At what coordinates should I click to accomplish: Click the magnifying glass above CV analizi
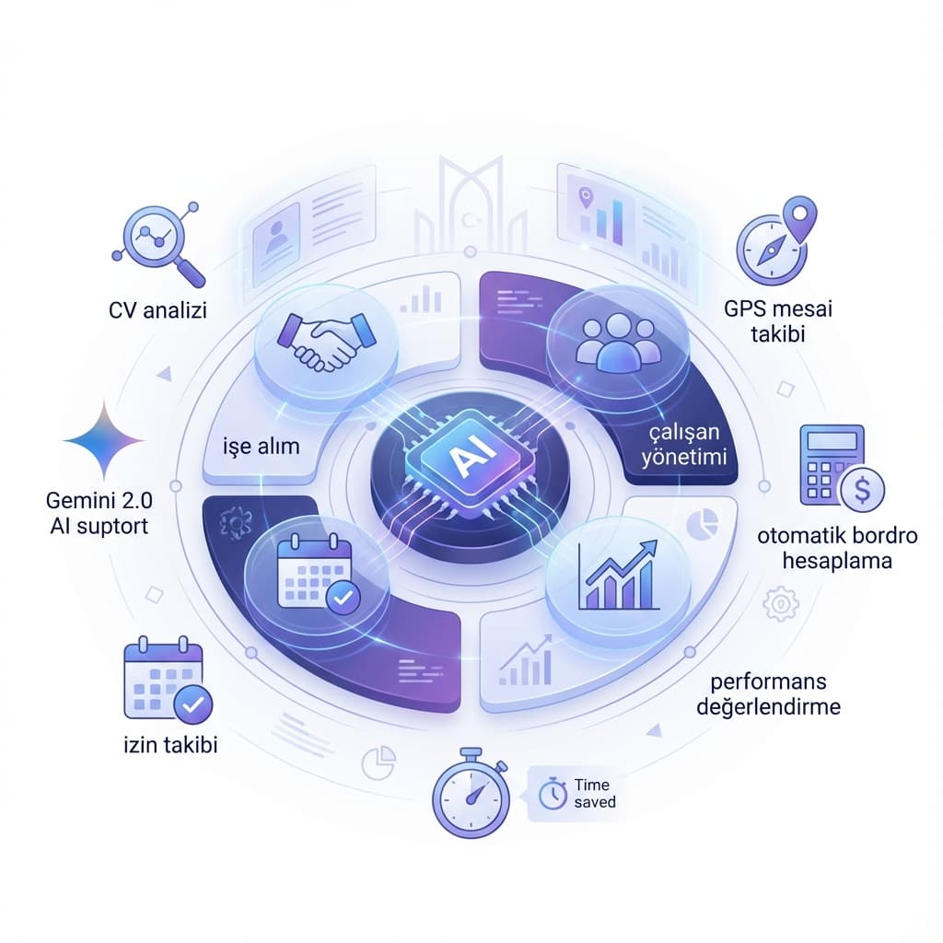[x=158, y=244]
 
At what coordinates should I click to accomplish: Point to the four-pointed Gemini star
[x=104, y=440]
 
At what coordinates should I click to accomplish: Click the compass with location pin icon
[x=776, y=240]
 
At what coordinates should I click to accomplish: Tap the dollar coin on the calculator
[x=862, y=490]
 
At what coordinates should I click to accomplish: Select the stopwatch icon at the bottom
[x=471, y=793]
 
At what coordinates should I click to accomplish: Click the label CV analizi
[x=157, y=310]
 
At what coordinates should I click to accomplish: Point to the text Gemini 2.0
[x=99, y=500]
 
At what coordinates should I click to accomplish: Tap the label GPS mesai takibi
[x=778, y=321]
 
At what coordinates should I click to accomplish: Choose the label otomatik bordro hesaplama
[x=837, y=548]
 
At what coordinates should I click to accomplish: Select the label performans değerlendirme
[x=769, y=694]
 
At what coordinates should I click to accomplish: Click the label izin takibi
[x=170, y=745]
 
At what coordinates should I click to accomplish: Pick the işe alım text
[x=261, y=447]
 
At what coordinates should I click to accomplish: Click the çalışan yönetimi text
[x=684, y=445]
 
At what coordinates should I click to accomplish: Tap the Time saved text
[x=595, y=793]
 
